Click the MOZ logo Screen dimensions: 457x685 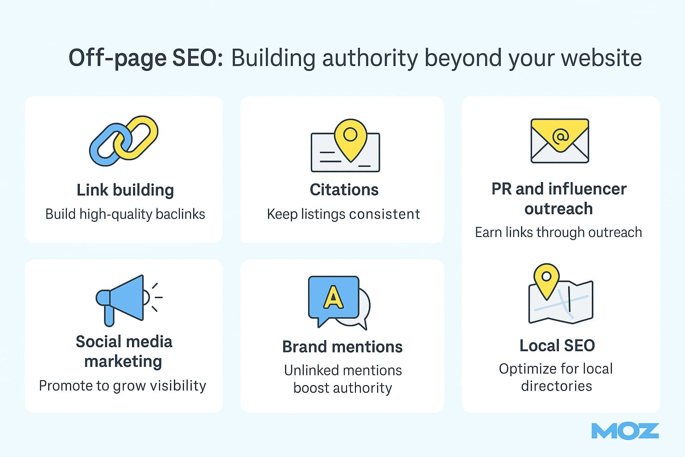click(x=625, y=431)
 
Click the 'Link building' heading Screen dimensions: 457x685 click(x=125, y=190)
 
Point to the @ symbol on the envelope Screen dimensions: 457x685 click(x=560, y=135)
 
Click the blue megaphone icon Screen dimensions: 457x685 click(x=123, y=298)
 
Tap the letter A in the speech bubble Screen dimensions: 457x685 click(x=333, y=297)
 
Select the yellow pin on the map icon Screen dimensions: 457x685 click(x=546, y=278)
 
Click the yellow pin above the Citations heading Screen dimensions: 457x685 click(x=351, y=137)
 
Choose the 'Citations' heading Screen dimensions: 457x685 click(x=344, y=190)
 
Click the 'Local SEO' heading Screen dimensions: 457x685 click(x=557, y=345)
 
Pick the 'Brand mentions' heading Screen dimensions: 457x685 click(x=342, y=347)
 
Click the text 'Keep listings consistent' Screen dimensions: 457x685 click(x=343, y=214)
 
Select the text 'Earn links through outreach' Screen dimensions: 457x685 click(x=558, y=233)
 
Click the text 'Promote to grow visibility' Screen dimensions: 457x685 click(x=123, y=386)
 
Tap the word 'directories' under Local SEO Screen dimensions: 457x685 click(x=557, y=386)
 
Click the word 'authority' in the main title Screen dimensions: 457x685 click(x=370, y=58)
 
